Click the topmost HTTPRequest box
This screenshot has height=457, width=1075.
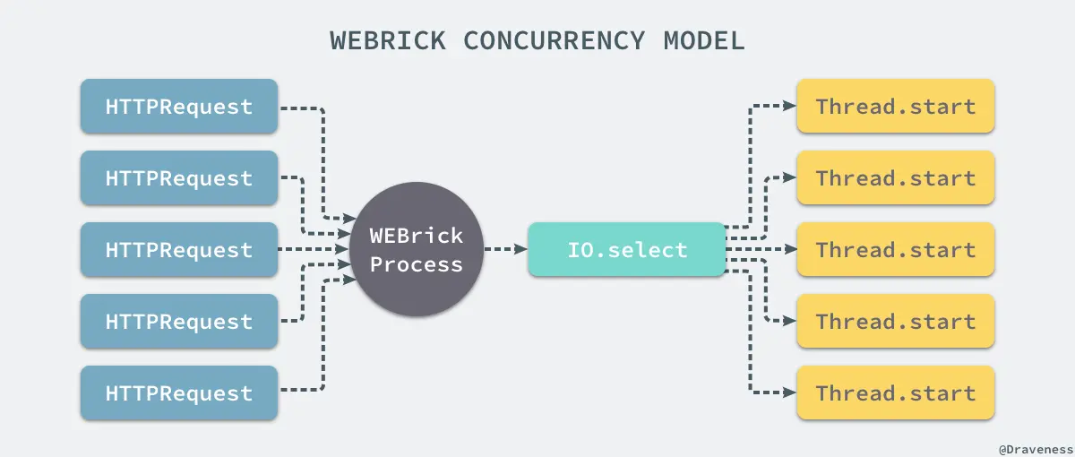179,107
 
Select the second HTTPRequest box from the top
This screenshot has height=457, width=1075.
179,178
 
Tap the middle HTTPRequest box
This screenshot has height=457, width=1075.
179,250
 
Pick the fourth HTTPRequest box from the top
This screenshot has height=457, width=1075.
179,322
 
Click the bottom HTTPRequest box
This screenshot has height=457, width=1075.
179,393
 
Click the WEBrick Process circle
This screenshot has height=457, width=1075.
417,250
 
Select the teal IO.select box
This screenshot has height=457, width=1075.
627,250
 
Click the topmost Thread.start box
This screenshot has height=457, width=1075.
895,107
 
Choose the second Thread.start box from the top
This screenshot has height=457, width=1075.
895,178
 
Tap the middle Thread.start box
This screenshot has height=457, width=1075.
895,250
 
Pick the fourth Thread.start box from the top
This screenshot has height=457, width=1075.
895,322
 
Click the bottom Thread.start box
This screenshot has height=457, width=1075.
895,393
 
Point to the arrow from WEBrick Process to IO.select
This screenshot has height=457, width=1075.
505,250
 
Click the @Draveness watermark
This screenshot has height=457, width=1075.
1034,445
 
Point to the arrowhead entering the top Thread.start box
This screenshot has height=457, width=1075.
789,106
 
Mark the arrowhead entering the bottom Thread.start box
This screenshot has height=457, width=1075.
789,393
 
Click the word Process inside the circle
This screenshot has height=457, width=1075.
417,264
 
